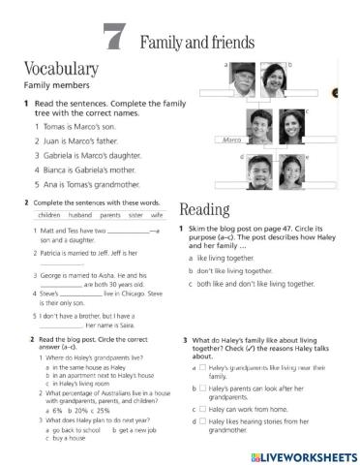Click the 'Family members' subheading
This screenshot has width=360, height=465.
pyautogui.click(x=49, y=85)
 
